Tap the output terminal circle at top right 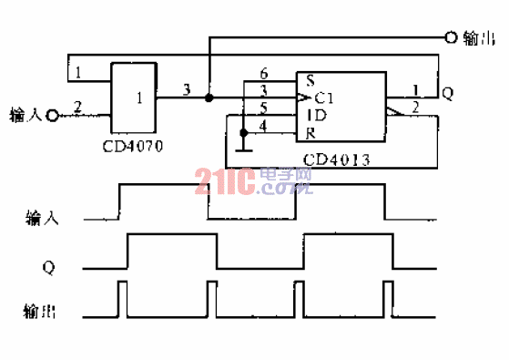[x=449, y=37]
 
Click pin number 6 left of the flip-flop [x=264, y=72]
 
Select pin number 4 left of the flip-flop [x=264, y=126]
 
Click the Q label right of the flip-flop [x=447, y=93]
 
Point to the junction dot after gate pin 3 [x=209, y=96]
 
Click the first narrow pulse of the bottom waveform [x=123, y=299]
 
